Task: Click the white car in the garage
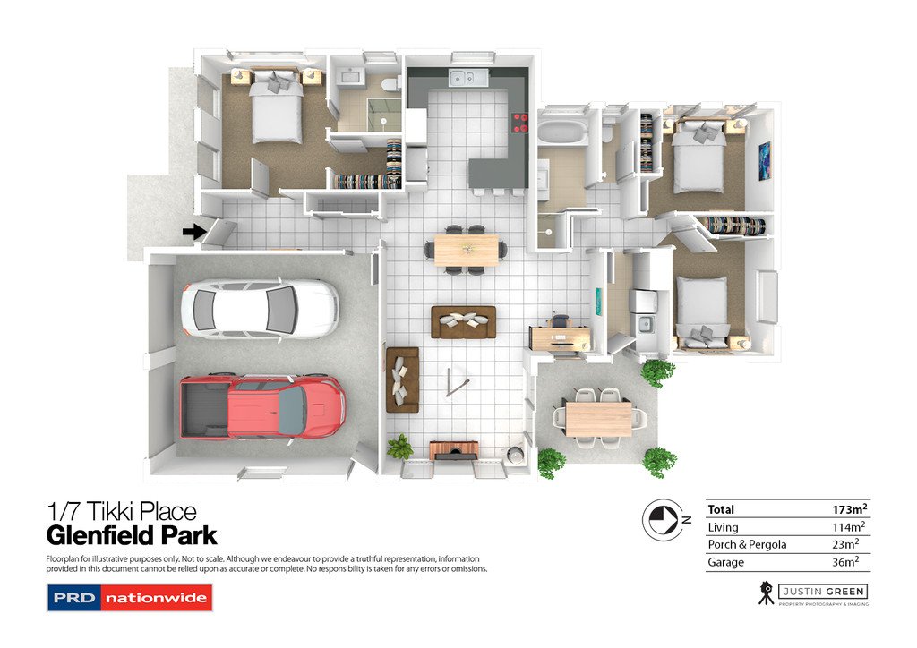pos(259,307)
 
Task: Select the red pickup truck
pos(262,406)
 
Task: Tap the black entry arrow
pos(193,232)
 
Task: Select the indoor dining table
pos(466,250)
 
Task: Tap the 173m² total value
pos(849,509)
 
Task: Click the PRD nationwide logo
pos(129,597)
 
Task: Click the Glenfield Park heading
pos(132,536)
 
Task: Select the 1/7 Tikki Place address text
pos(121,512)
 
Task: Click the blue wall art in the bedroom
pos(764,161)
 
